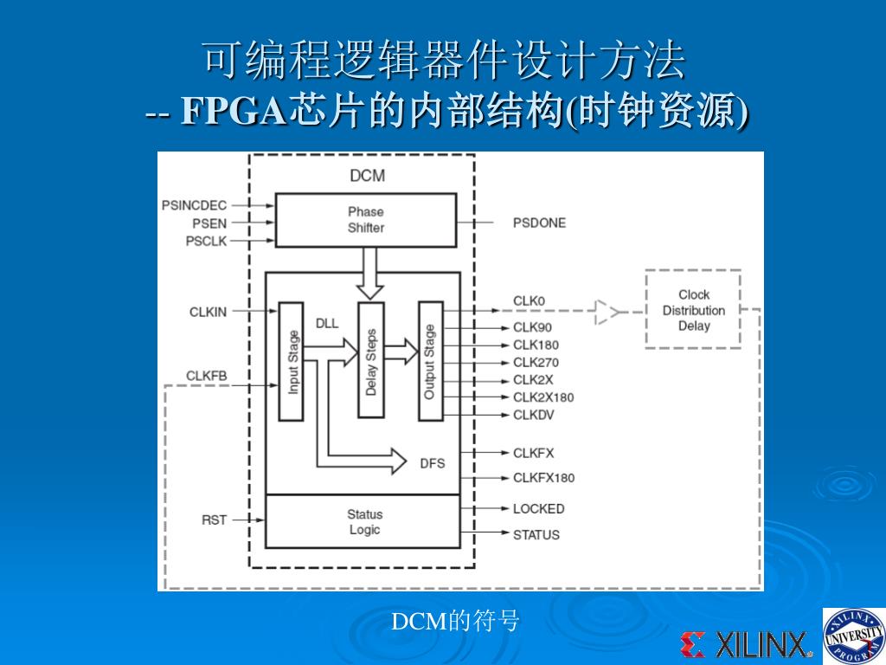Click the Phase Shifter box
[x=365, y=220]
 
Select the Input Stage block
[x=292, y=362]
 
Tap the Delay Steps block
[x=371, y=361]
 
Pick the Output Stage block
[x=430, y=361]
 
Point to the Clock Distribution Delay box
[x=693, y=310]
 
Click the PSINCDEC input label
[x=194, y=205]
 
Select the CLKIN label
[x=208, y=312]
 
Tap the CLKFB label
[x=207, y=376]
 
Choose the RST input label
[x=214, y=520]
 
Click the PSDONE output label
[x=539, y=223]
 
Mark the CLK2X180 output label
[x=543, y=397]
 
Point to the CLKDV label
[x=533, y=415]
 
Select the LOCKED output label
[x=538, y=508]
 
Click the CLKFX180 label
[x=543, y=478]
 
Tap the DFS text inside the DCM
[x=433, y=463]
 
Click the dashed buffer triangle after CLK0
[x=607, y=312]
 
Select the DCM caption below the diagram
[x=455, y=621]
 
